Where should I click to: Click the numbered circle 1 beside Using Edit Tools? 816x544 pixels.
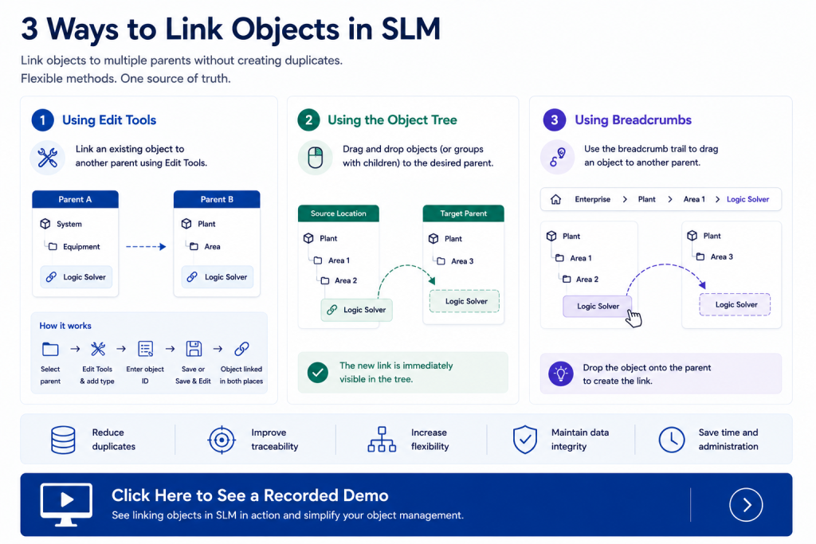pos(43,120)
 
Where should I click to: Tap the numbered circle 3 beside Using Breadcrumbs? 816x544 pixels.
pos(555,120)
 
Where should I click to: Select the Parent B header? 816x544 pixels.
pos(217,199)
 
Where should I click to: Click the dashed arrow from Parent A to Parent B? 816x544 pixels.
pos(146,247)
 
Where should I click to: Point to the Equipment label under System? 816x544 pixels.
pos(81,247)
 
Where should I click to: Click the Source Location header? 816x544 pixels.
pos(338,213)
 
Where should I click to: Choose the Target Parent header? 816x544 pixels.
pos(463,213)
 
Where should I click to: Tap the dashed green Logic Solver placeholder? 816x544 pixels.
pos(465,301)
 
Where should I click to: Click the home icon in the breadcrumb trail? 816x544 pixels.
pos(555,199)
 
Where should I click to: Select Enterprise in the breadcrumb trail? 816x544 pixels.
pos(592,199)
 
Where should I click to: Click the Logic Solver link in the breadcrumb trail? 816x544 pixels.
pos(747,199)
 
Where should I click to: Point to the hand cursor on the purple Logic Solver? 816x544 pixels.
pos(634,318)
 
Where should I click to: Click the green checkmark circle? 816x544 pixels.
pos(317,373)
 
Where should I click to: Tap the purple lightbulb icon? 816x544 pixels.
pos(560,374)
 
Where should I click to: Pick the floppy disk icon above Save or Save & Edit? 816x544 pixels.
pos(194,348)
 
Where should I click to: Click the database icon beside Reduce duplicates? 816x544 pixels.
pos(63,440)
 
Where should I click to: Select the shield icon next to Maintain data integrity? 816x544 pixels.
pos(524,440)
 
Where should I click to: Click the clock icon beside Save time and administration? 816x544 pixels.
pos(671,440)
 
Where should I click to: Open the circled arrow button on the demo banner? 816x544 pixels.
pos(746,504)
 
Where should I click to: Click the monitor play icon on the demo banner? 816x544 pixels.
pos(66,504)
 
